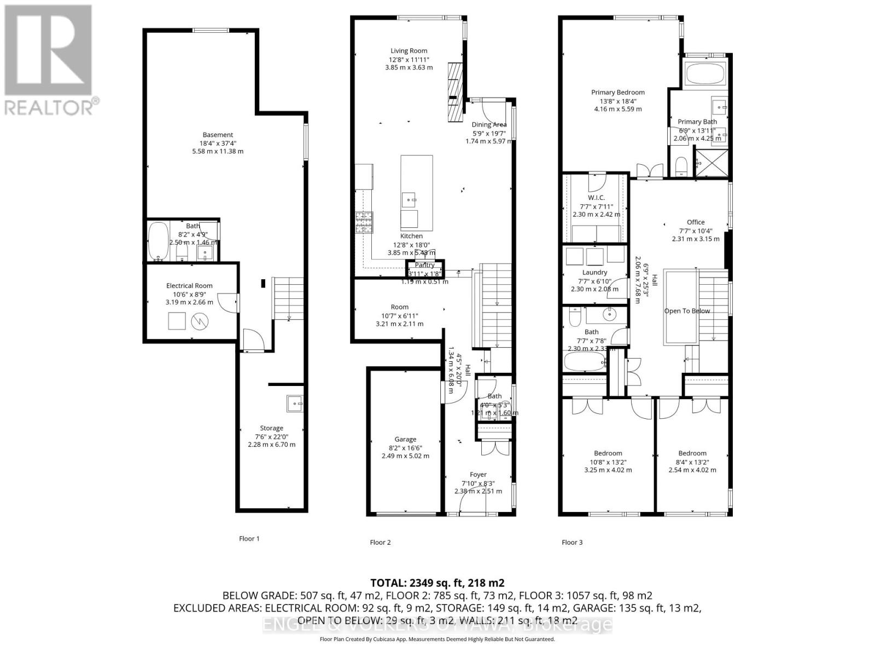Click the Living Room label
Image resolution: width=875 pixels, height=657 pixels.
pos(409,51)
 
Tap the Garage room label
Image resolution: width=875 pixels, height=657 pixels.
pos(405,439)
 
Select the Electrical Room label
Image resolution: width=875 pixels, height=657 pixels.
pos(189,286)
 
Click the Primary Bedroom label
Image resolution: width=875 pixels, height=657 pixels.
pos(618,93)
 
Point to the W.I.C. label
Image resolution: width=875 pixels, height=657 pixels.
pos(596,198)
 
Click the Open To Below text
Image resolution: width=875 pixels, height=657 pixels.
pos(687,311)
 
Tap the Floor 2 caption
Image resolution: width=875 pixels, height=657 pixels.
pos(380,543)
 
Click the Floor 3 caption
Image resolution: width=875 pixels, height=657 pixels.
pos(572,543)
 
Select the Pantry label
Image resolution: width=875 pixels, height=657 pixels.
pos(424,266)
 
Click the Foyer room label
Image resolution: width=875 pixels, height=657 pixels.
pos(478,475)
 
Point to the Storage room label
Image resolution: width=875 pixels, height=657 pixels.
pos(271,428)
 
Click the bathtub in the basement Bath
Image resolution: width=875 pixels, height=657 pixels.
pos(159,241)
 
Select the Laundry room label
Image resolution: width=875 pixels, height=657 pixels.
pos(594,273)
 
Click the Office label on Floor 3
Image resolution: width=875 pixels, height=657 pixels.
pos(696,222)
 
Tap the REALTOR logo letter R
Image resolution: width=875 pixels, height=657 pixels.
pos(48,50)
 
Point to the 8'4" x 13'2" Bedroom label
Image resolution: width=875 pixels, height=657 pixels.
pos(692,453)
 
